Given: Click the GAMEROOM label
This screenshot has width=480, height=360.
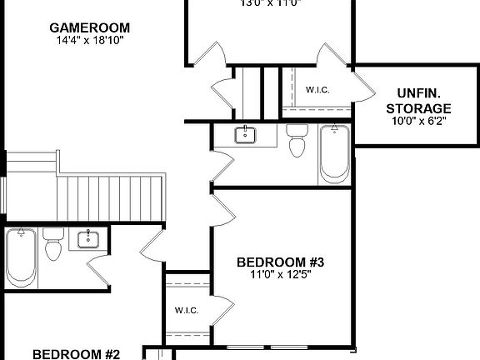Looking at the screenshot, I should click(x=89, y=27).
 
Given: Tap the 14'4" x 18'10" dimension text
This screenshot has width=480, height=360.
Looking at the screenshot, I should click(x=89, y=39).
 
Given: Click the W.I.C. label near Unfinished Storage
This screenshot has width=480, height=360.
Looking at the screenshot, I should click(x=317, y=90).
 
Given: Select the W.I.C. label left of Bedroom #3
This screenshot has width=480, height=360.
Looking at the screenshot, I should click(x=187, y=310).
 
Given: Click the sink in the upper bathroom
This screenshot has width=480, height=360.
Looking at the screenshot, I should click(x=246, y=135).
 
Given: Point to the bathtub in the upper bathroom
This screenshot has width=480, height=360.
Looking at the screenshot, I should click(x=334, y=153).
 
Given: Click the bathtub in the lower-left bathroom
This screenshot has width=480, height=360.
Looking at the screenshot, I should click(x=19, y=257).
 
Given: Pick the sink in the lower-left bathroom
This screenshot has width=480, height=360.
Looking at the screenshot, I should click(x=89, y=240).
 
